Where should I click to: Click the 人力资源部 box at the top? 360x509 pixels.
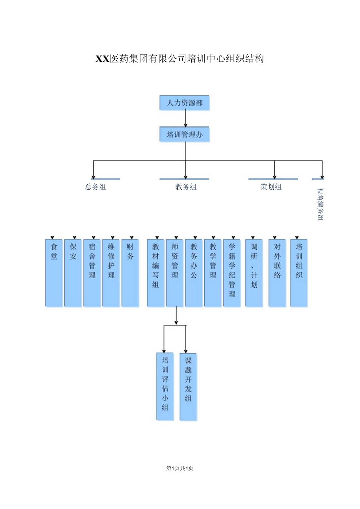coord(184,103)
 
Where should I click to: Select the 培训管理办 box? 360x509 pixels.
coord(184,134)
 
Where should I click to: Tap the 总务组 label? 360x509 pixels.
coord(95,187)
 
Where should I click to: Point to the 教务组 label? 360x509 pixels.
coord(186,187)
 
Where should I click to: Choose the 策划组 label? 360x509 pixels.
coord(271,187)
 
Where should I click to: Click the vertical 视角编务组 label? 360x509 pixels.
coord(320,204)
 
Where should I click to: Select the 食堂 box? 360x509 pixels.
coord(54,273)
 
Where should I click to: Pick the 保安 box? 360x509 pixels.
coord(73,273)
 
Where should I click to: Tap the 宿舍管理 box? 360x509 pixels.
coord(92,273)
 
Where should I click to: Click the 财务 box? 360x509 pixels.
coord(130,273)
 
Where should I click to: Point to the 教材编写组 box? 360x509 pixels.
coord(156,273)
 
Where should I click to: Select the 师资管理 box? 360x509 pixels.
coord(175,273)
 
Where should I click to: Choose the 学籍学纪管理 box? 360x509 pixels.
coord(232,273)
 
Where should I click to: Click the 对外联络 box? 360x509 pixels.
coord(277,273)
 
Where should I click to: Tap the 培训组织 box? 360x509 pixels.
coord(299,273)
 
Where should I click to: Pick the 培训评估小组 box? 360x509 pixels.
coord(165,387)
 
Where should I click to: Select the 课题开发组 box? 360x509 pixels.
coord(188,387)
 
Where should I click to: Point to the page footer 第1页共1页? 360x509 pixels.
coord(180,468)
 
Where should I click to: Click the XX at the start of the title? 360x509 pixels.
coord(103,59)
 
